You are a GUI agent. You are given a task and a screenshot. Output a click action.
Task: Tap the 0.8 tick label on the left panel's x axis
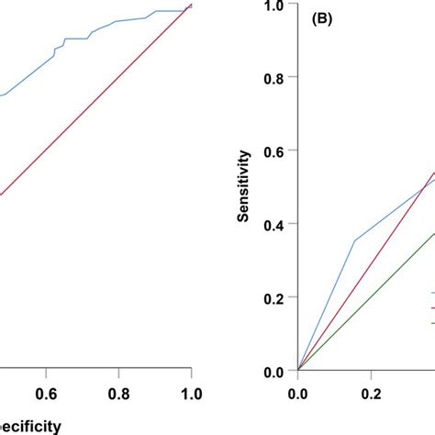[x=118, y=393]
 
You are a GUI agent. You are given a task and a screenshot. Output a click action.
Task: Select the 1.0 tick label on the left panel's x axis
[x=191, y=393]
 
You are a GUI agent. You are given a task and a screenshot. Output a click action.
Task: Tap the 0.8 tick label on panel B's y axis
[x=273, y=79]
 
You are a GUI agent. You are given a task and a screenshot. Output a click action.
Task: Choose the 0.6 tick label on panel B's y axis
[x=273, y=151]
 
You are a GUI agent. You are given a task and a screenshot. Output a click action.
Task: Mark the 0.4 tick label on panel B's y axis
[x=273, y=225]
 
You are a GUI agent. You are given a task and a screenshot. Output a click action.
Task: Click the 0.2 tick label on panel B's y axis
[x=273, y=298]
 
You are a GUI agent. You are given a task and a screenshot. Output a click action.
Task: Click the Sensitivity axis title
[x=244, y=188]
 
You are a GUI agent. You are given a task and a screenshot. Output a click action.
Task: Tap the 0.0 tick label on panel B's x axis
[x=298, y=393]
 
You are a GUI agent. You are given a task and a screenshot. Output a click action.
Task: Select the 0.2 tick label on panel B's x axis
[x=371, y=393]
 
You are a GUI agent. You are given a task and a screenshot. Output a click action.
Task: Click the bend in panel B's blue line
[x=354, y=242]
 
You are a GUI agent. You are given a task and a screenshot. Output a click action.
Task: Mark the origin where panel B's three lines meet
[x=298, y=371]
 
